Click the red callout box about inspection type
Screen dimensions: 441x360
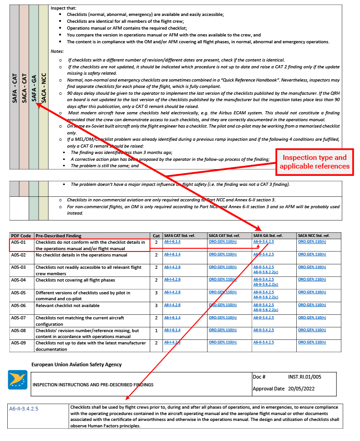314,162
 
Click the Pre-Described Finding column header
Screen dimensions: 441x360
59,236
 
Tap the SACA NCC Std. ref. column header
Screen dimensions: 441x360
314,236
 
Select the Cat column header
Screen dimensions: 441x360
156,236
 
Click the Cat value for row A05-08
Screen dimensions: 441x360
156,330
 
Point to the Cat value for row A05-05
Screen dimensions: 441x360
156,292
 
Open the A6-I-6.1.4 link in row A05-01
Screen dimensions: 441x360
172,242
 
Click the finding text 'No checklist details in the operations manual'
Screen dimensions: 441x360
81,255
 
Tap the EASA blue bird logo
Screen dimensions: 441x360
18,379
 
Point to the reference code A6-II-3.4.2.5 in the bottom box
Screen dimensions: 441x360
24,409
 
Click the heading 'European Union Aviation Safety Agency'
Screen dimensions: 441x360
76,364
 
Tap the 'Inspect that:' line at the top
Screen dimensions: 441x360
64,8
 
